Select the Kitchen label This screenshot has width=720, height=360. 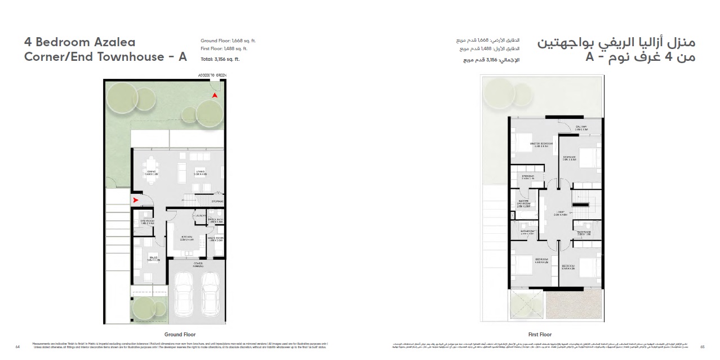[187, 238]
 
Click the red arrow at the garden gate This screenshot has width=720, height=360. [214, 96]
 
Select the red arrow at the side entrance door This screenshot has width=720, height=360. [136, 199]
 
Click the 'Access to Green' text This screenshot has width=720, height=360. [211, 75]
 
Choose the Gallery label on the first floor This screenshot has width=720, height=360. [581, 127]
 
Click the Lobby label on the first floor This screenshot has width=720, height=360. [560, 213]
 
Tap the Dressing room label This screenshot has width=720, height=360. [528, 177]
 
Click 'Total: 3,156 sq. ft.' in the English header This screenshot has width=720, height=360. [220, 59]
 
